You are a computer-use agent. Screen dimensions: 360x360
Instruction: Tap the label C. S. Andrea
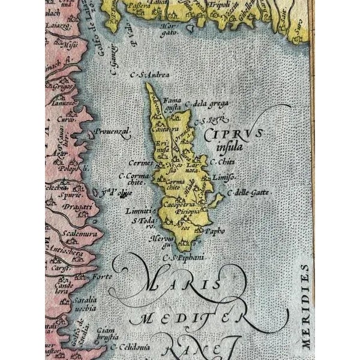137,75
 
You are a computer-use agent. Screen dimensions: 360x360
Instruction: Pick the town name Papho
214,230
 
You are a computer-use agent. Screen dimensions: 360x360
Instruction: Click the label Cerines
139,163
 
